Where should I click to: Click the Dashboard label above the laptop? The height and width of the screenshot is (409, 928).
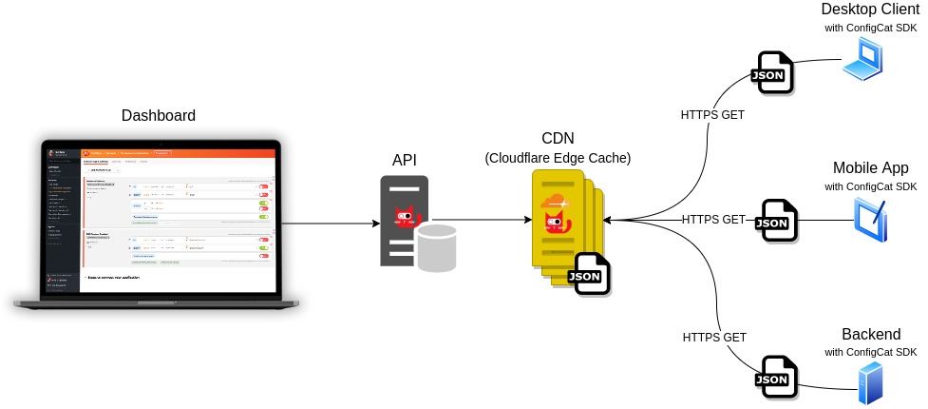[159, 116]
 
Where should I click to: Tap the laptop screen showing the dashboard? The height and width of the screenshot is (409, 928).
[159, 218]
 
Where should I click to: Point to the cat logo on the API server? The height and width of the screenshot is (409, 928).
[407, 218]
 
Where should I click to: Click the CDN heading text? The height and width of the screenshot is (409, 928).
[558, 138]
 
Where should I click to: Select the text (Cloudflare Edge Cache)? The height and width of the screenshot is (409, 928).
[558, 157]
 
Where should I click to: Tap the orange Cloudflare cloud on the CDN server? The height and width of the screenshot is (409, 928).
[554, 203]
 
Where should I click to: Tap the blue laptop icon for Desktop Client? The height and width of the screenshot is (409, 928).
[863, 62]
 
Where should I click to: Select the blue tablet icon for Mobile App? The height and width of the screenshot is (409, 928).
[870, 220]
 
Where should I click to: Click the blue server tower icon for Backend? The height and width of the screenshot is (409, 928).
[869, 383]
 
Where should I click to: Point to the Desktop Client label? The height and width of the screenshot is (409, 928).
[870, 10]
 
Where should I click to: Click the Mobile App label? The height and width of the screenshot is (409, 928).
[871, 168]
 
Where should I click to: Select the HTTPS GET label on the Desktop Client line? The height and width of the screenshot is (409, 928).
[712, 114]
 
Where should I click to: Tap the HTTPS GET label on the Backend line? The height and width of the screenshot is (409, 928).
[714, 337]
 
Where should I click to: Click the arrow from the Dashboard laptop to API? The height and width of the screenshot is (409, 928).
[329, 224]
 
